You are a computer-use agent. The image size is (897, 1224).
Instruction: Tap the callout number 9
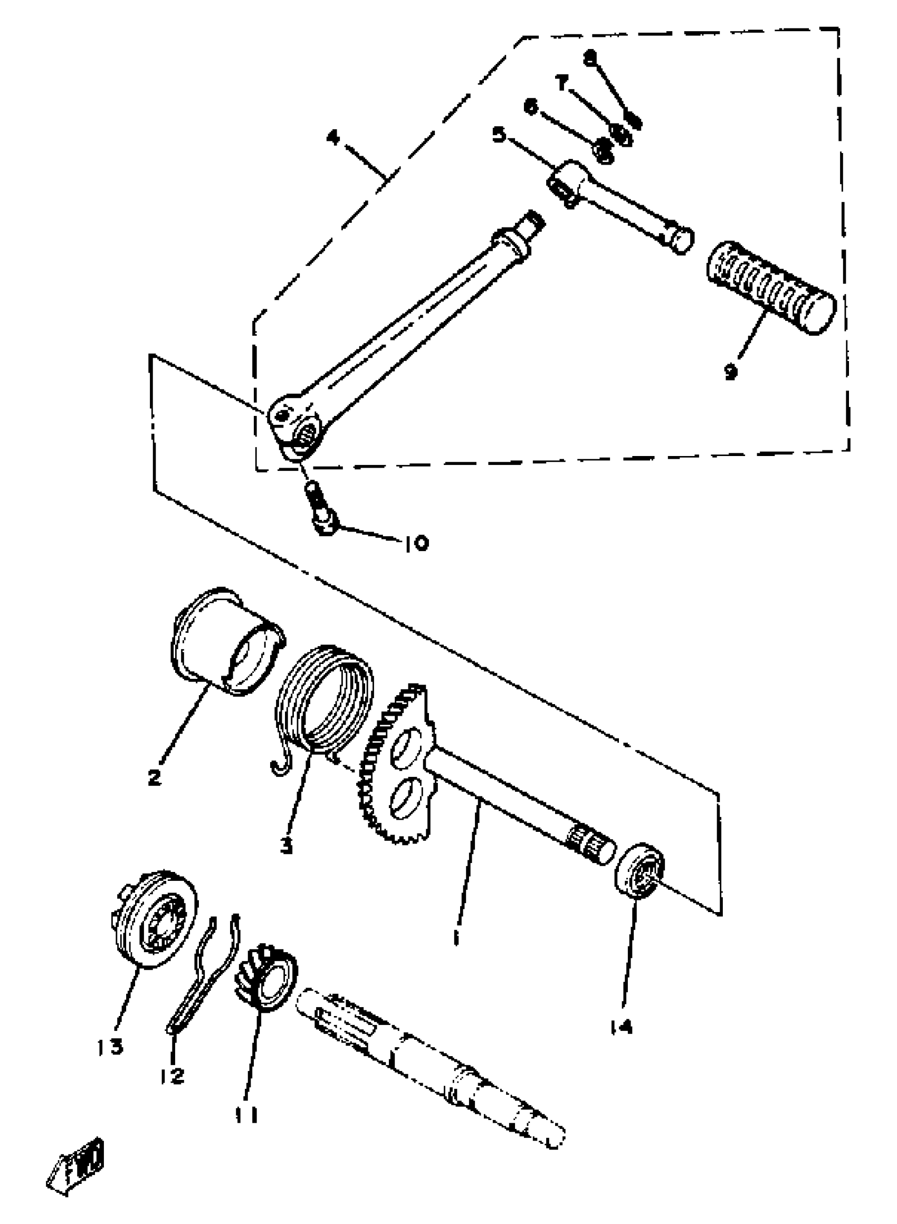click(731, 372)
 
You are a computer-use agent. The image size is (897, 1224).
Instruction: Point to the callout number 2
click(155, 777)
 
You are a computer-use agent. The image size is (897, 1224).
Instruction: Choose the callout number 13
click(111, 1046)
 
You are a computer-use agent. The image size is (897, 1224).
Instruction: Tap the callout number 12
click(172, 1075)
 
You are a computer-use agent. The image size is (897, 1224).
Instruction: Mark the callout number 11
click(246, 1115)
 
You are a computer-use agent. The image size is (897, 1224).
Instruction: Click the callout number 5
click(499, 134)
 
